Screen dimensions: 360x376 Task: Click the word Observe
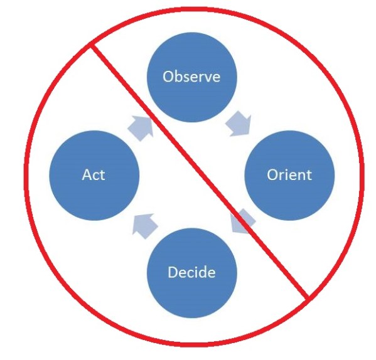(x=191, y=77)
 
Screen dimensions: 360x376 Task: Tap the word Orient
(x=289, y=174)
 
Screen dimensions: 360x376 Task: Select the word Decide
(x=191, y=273)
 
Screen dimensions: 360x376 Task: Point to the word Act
(x=94, y=174)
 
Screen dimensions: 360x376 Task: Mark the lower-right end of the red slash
(x=307, y=297)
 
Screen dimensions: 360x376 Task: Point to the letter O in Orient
(x=271, y=174)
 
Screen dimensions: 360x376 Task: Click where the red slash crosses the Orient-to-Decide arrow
(x=241, y=219)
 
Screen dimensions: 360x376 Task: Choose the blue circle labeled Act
(x=94, y=157)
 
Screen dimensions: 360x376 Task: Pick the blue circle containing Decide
(x=191, y=295)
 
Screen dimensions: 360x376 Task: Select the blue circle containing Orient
(x=289, y=151)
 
